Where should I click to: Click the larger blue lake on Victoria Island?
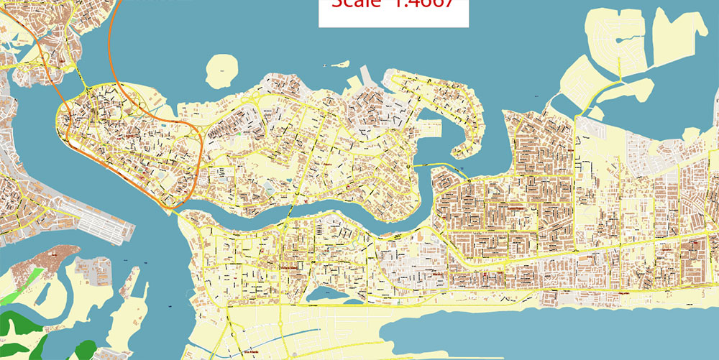tap(323, 294)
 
